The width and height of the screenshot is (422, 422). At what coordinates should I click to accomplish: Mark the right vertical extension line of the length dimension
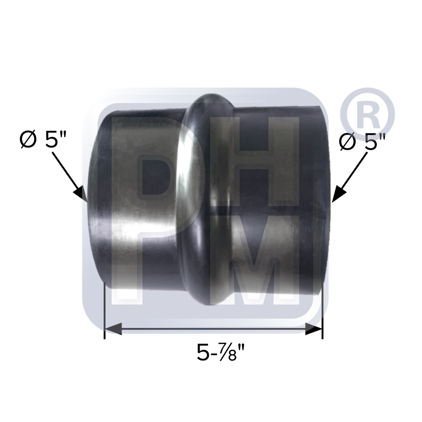click(x=322, y=312)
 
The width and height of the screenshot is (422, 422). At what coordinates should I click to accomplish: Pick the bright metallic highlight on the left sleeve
click(x=127, y=203)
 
